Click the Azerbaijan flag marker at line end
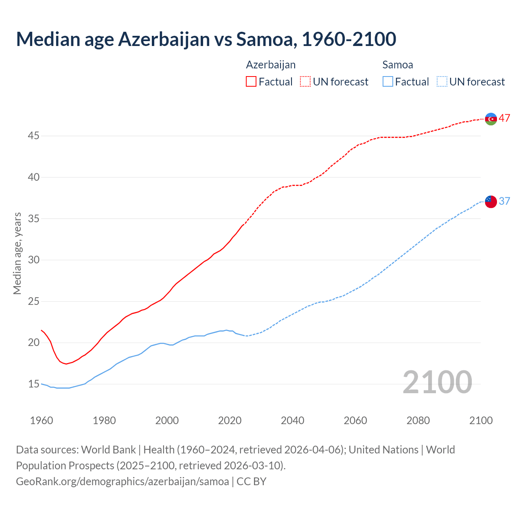(491, 119)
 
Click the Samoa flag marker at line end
(491, 201)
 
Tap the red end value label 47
(505, 118)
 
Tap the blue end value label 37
(505, 201)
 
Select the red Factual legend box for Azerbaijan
(251, 82)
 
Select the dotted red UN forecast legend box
(305, 82)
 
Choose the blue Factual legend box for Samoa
(388, 82)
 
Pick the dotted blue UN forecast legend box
(442, 82)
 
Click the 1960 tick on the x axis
(42, 420)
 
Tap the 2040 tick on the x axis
(293, 420)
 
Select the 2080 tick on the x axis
(418, 420)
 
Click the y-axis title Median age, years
(17, 253)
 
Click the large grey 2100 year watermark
(437, 382)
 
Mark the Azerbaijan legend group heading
(271, 65)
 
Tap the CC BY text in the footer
(252, 481)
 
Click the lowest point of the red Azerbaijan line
(66, 363)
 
